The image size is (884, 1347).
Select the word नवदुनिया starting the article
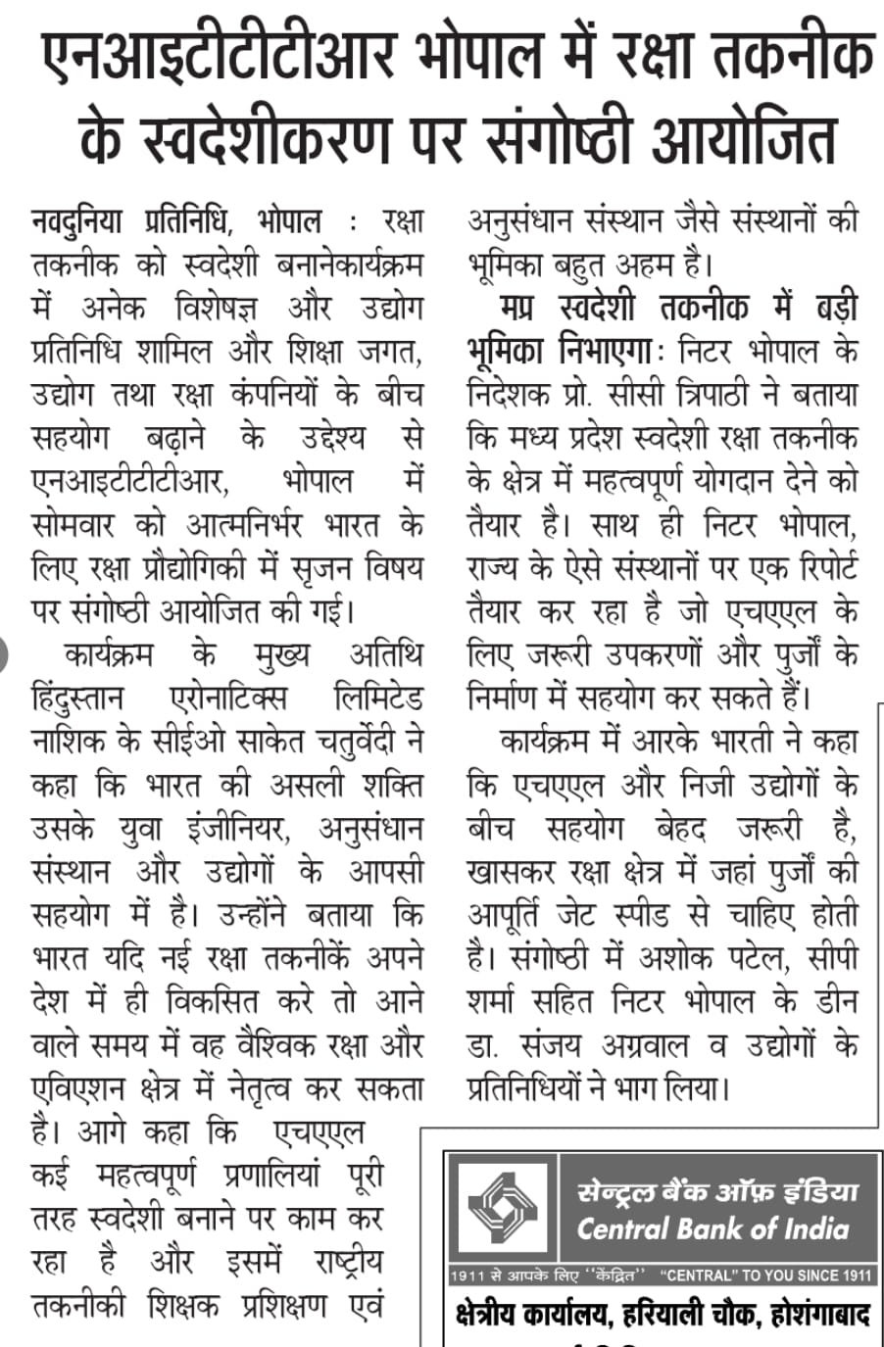77,221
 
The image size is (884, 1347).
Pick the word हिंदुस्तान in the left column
78,699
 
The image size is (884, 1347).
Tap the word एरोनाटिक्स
227,699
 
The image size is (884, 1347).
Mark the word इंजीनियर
239,829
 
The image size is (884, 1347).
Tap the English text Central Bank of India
712,1228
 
